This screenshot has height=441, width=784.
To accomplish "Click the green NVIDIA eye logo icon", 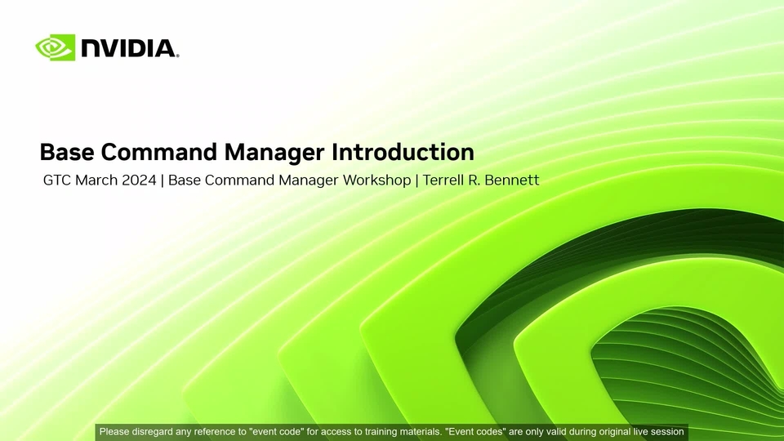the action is click(55, 47).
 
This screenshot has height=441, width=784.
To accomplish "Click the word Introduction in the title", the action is click(403, 152).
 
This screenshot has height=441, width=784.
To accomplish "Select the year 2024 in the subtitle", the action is click(140, 180).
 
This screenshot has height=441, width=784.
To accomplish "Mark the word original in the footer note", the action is click(614, 431).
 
